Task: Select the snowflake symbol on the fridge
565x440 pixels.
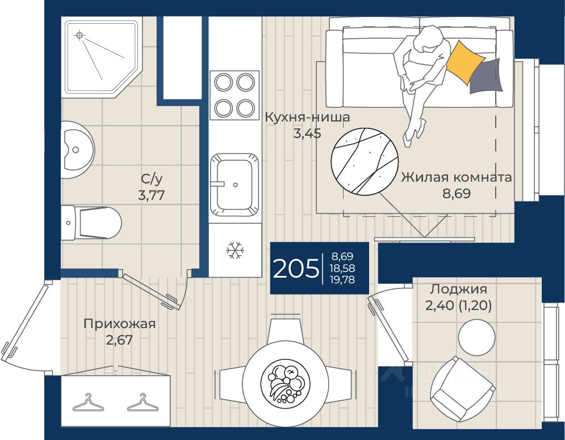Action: pyautogui.click(x=235, y=250)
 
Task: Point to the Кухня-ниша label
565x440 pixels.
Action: pyautogui.click(x=307, y=117)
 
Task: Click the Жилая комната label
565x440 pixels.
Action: pyautogui.click(x=457, y=177)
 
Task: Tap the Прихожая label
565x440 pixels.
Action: pyautogui.click(x=119, y=324)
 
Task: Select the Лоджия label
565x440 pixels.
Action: pyautogui.click(x=459, y=289)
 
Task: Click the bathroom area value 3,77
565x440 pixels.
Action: pyautogui.click(x=152, y=195)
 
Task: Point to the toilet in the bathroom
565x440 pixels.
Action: pyautogui.click(x=91, y=223)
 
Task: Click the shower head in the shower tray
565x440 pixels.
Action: pyautogui.click(x=79, y=35)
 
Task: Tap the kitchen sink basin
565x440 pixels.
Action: pyautogui.click(x=235, y=185)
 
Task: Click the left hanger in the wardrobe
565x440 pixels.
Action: pyautogui.click(x=88, y=404)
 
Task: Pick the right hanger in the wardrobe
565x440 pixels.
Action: pyautogui.click(x=143, y=403)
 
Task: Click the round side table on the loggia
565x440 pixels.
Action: pyautogui.click(x=477, y=338)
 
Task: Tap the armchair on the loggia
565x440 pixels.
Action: pyautogui.click(x=463, y=389)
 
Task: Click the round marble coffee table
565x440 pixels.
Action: pyautogui.click(x=365, y=162)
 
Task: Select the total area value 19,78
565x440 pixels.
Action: pyautogui.click(x=342, y=280)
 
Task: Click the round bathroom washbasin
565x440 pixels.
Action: pyautogui.click(x=77, y=149)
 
